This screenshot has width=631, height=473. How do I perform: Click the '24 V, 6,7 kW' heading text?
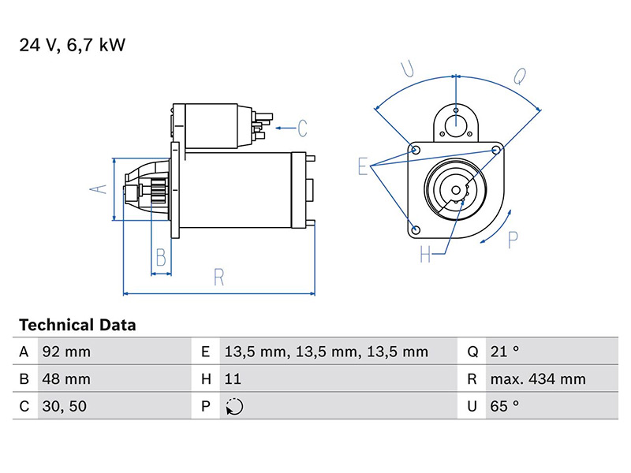72,46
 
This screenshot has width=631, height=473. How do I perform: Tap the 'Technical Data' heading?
77,325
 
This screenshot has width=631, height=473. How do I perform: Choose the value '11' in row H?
233,378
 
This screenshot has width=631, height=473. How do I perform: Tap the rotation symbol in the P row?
234,406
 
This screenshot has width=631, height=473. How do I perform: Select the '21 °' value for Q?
505,352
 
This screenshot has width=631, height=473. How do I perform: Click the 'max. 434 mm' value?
538,378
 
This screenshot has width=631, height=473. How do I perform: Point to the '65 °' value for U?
505,406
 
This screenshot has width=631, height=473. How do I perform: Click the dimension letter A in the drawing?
96,188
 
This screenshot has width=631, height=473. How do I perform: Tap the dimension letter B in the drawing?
161,257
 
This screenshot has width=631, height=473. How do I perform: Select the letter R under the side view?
219,277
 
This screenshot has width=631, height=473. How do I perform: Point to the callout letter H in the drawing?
426,255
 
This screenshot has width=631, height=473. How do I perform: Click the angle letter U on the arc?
407,69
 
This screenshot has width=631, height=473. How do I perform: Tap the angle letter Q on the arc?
520,76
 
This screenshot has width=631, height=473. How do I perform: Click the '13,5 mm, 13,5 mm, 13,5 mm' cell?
326,352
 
